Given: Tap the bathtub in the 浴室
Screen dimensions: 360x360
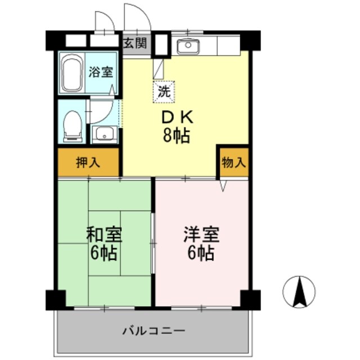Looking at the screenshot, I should pyautogui.click(x=71, y=73).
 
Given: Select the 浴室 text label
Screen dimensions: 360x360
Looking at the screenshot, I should pyautogui.click(x=101, y=72).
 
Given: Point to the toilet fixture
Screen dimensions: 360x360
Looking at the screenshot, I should pyautogui.click(x=72, y=123).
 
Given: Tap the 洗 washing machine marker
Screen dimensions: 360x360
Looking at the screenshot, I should pyautogui.click(x=163, y=91).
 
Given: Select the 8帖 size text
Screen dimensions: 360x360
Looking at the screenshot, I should pyautogui.click(x=177, y=136).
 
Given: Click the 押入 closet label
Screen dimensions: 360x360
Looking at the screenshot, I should pyautogui.click(x=88, y=163).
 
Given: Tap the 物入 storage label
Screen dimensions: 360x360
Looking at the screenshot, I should pyautogui.click(x=234, y=163).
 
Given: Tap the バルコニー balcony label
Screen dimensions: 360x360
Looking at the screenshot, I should pyautogui.click(x=154, y=330).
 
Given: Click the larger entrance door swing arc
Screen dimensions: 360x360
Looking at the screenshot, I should pyautogui.click(x=137, y=17).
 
